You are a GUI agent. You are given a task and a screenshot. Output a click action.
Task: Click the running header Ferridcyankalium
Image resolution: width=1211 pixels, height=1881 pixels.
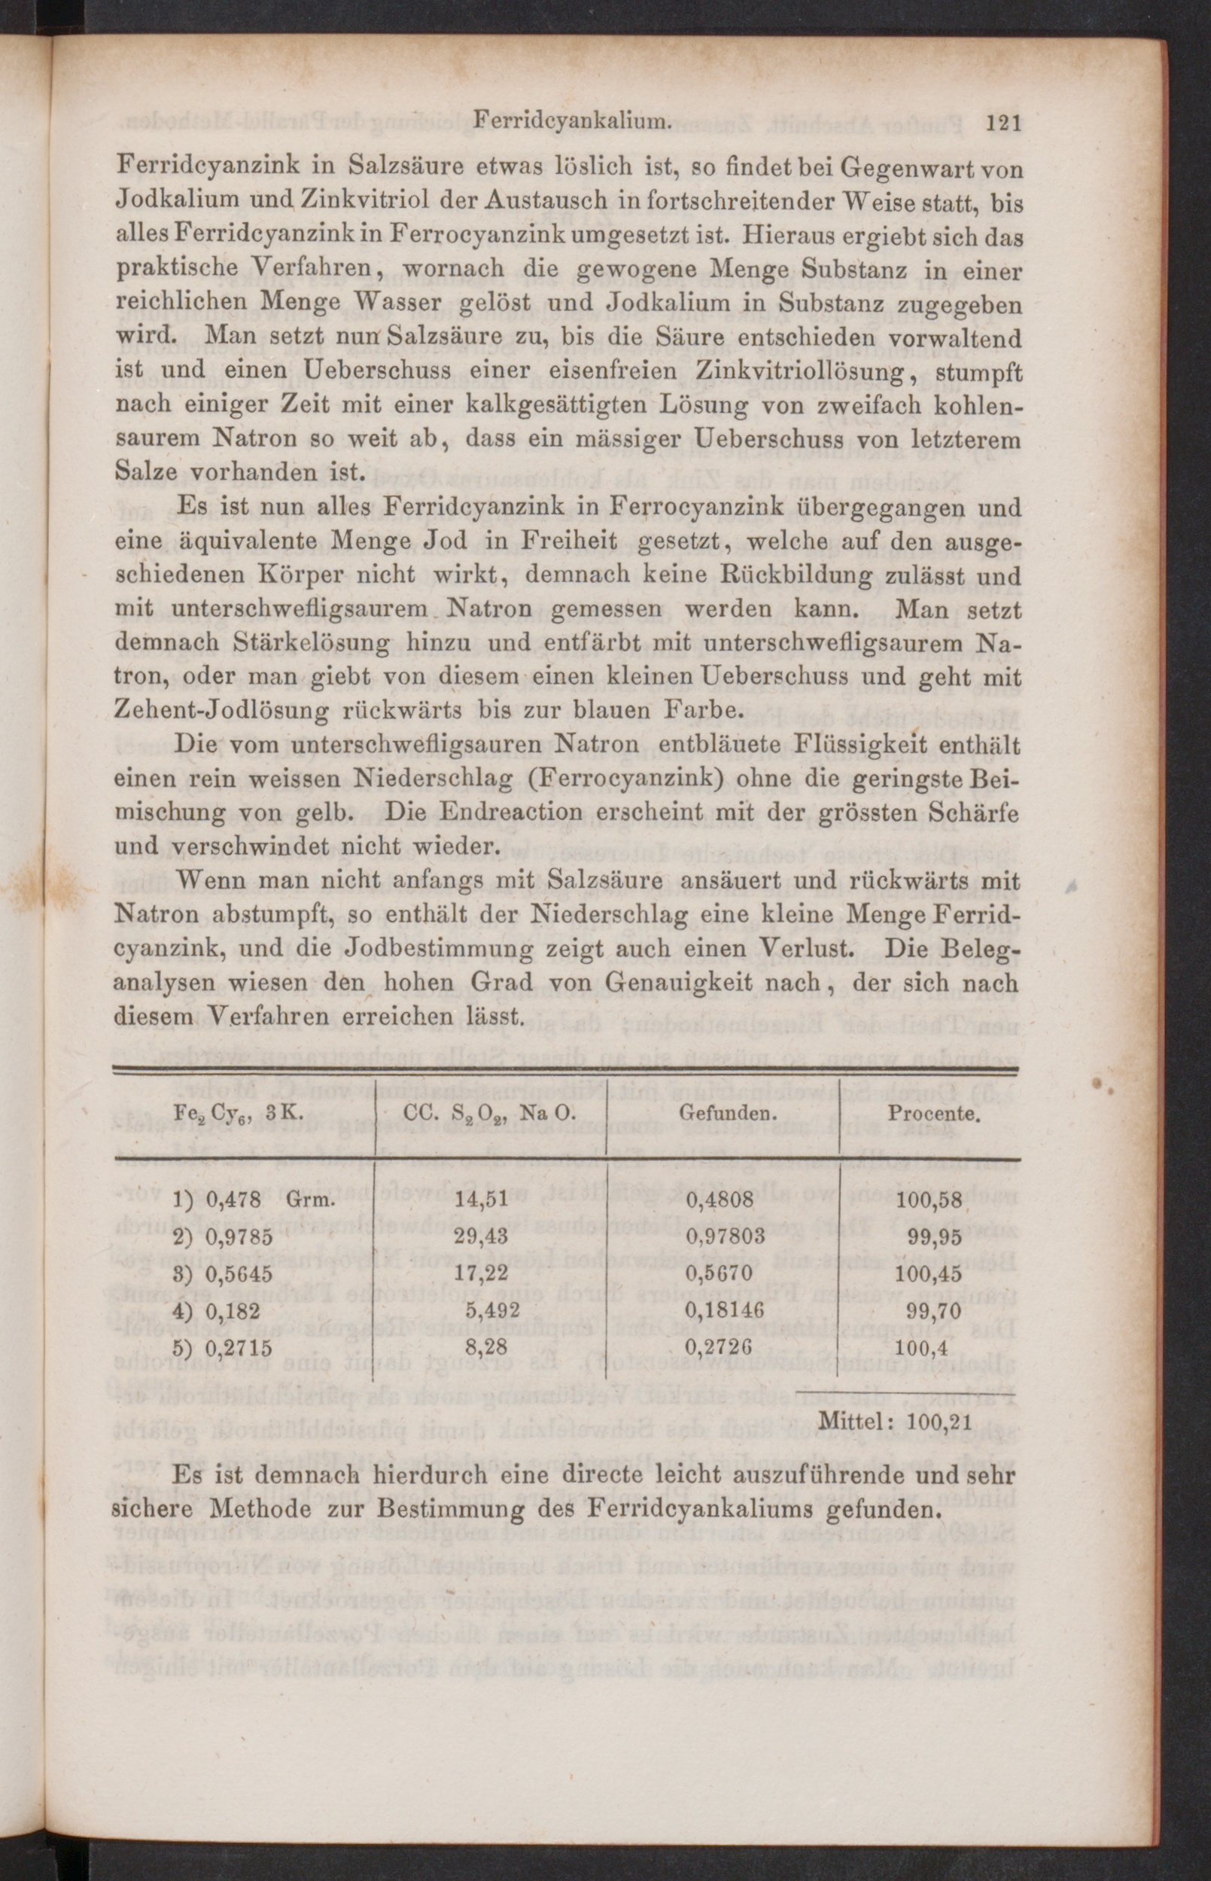[572, 122]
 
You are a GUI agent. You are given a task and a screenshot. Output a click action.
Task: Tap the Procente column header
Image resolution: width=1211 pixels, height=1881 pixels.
[933, 1113]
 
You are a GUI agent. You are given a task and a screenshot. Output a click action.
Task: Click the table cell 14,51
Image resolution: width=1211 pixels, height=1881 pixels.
[486, 1200]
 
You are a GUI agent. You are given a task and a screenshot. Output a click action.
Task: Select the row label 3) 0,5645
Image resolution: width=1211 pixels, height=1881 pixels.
[223, 1273]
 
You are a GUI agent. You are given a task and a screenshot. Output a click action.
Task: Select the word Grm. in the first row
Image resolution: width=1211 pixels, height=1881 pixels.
[312, 1200]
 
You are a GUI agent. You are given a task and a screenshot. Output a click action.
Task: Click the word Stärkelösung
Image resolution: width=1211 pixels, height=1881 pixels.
[312, 644]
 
